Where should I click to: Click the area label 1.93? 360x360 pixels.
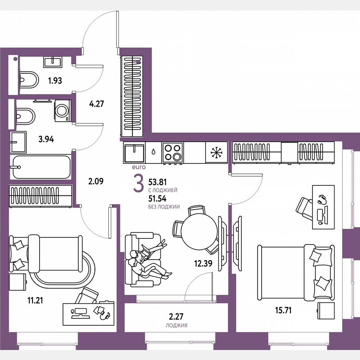point(55,80)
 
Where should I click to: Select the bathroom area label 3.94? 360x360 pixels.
point(46,139)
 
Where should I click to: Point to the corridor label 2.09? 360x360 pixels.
point(96,181)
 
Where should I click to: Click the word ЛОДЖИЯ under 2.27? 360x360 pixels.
point(176,326)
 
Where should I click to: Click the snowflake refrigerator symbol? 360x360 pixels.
point(216,153)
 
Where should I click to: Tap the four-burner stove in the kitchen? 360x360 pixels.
point(173,152)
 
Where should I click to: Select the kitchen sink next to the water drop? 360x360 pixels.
point(134,153)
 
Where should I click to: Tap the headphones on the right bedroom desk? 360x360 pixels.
point(322,199)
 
